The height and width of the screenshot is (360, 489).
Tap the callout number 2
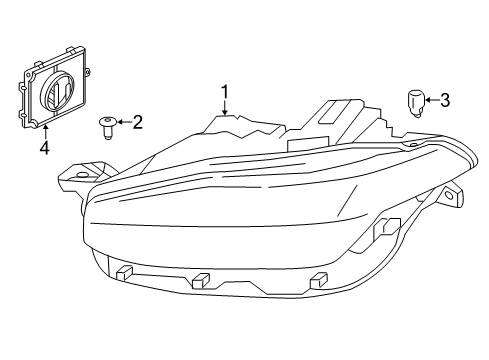pyautogui.click(x=137, y=123)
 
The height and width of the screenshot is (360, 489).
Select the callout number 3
pyautogui.click(x=445, y=99)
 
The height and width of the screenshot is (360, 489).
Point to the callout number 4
pyautogui.click(x=44, y=149)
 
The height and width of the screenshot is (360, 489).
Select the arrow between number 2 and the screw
pyautogui.click(x=120, y=123)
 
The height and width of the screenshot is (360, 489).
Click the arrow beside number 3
pyautogui.click(x=429, y=99)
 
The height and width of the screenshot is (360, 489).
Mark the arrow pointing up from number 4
pyautogui.click(x=44, y=132)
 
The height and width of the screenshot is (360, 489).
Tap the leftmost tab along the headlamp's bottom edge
pyautogui.click(x=125, y=272)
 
